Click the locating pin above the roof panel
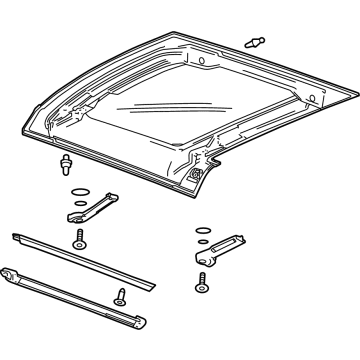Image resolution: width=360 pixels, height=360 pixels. [253, 42]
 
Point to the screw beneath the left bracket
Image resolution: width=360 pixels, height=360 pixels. [77, 240]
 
